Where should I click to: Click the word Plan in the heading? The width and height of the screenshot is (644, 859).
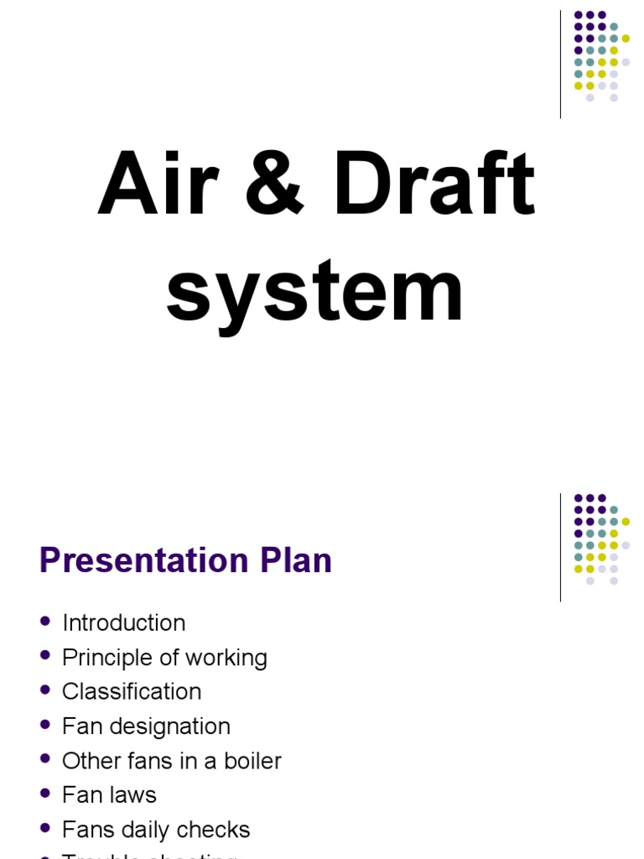(x=300, y=561)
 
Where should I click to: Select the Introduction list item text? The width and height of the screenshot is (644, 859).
(x=124, y=622)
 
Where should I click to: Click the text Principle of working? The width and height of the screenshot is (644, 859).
(x=164, y=658)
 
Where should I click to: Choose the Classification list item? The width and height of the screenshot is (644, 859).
(x=132, y=691)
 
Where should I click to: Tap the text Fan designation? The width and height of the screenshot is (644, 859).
(x=146, y=726)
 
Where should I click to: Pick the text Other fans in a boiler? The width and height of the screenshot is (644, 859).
(x=172, y=761)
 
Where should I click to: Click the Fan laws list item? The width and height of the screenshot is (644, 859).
(x=109, y=794)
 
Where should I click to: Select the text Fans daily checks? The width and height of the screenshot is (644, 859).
(x=156, y=830)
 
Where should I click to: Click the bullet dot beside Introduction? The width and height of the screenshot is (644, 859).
(x=45, y=622)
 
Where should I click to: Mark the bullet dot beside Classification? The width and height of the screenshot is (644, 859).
(x=45, y=690)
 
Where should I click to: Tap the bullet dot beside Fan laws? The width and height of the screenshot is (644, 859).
(x=45, y=794)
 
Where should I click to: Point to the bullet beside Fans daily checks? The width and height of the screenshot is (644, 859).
(x=45, y=829)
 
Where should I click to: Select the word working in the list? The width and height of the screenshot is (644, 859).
(x=228, y=659)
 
